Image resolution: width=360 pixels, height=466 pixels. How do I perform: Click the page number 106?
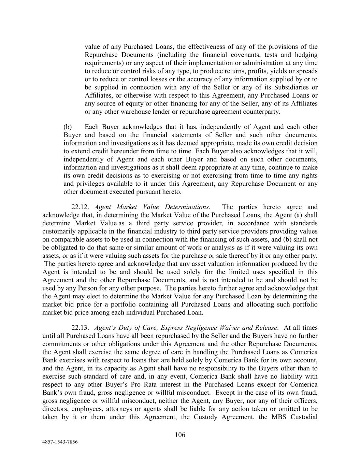pos(180,435)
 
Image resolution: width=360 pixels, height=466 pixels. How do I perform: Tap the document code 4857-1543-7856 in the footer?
pos(60,442)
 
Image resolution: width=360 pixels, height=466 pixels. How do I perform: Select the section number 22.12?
pos(81,207)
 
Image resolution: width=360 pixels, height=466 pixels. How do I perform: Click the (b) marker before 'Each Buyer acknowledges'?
pos(68,127)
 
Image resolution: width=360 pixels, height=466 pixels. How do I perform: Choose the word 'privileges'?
pos(90,184)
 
